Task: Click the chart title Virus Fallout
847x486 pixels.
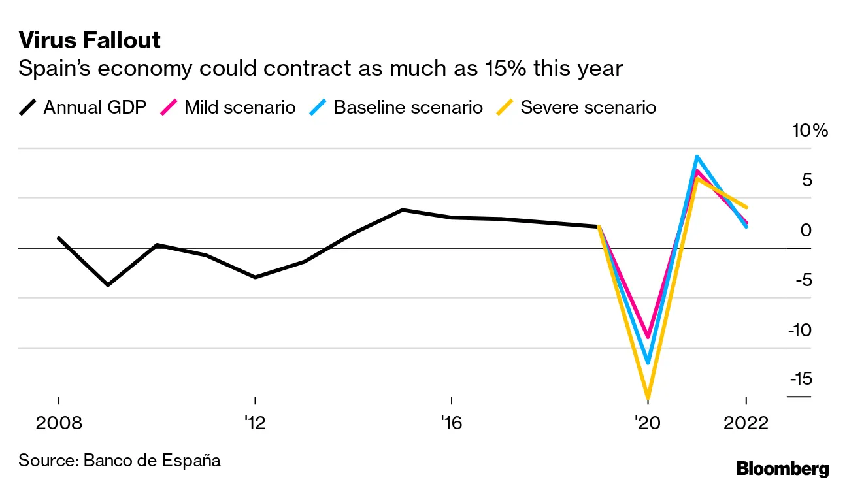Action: [x=90, y=40]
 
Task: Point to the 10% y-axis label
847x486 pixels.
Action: [x=810, y=131]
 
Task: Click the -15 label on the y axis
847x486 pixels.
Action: [x=800, y=378]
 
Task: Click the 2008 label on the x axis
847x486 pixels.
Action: [x=59, y=423]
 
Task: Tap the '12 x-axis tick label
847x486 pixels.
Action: [x=255, y=423]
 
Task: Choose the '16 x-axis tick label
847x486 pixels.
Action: [x=451, y=423]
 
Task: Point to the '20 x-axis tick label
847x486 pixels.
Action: [x=647, y=423]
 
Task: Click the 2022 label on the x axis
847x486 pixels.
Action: [x=746, y=423]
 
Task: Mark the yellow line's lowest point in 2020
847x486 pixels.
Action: [x=648, y=397]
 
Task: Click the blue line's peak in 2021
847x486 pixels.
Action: [x=697, y=157]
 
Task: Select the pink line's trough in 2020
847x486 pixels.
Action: [x=648, y=337]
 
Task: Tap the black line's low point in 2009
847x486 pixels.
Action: [x=108, y=285]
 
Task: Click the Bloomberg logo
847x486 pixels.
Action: [x=782, y=468]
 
